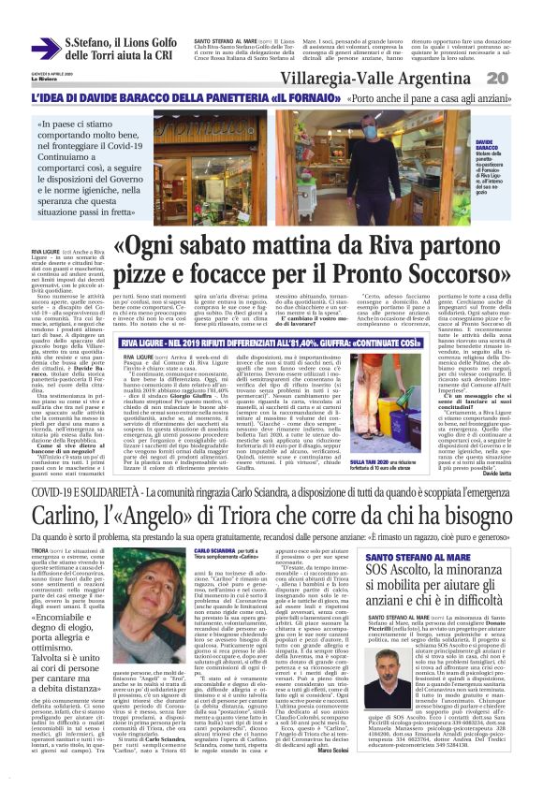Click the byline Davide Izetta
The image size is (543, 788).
[509, 470]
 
